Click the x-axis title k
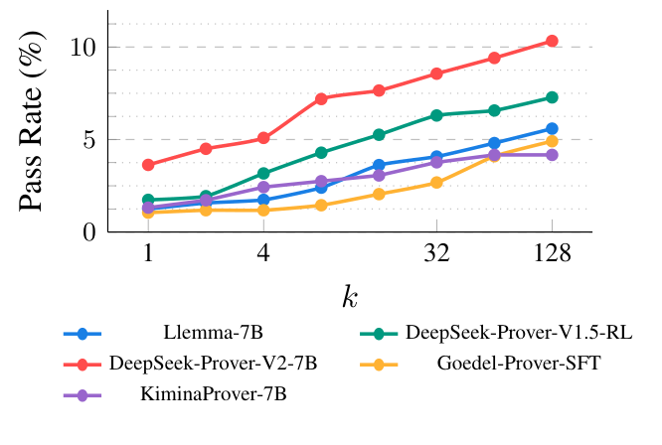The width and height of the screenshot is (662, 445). [350, 296]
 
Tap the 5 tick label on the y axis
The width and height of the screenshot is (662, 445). [88, 140]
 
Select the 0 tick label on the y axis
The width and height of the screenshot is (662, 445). [88, 231]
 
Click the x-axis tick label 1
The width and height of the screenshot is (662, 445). [148, 254]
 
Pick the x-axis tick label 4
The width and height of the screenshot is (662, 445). [263, 254]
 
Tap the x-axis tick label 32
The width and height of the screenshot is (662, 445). [436, 254]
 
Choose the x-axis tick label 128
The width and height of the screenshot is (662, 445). [552, 254]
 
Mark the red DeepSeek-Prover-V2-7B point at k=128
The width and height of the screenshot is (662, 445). [552, 42]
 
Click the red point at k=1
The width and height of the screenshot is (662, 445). [148, 165]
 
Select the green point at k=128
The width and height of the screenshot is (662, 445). [552, 97]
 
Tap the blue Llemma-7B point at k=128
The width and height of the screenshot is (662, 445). [552, 129]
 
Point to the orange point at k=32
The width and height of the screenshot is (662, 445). [436, 183]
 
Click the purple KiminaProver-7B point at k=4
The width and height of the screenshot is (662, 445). [263, 187]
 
